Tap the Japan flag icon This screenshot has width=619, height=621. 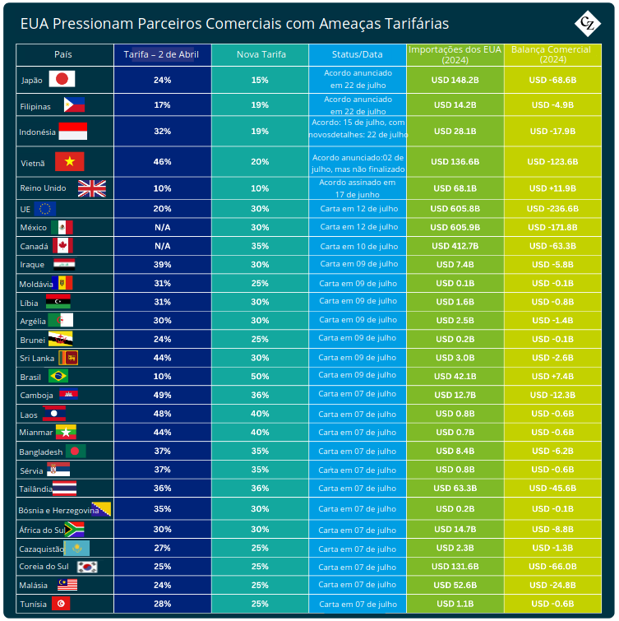point(62,80)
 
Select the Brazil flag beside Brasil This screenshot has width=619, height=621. point(58,376)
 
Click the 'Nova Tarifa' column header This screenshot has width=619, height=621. point(261,54)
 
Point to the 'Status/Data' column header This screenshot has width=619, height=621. point(358,54)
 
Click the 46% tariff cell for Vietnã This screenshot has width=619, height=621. point(163,162)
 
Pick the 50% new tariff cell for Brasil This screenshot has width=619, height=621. point(260,376)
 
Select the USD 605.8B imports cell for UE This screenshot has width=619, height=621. point(455,208)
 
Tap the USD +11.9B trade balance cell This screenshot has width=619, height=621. point(552,188)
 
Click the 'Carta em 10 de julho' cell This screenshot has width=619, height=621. point(358,246)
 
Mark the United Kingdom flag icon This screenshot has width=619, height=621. point(92,188)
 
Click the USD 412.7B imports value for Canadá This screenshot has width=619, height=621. point(455,246)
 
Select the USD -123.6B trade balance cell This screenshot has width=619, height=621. point(552,162)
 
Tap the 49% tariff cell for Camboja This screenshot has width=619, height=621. point(163,395)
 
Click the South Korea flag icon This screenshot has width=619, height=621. point(88,567)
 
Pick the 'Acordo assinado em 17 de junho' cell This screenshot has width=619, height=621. point(358,188)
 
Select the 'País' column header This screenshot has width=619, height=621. point(63,54)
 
